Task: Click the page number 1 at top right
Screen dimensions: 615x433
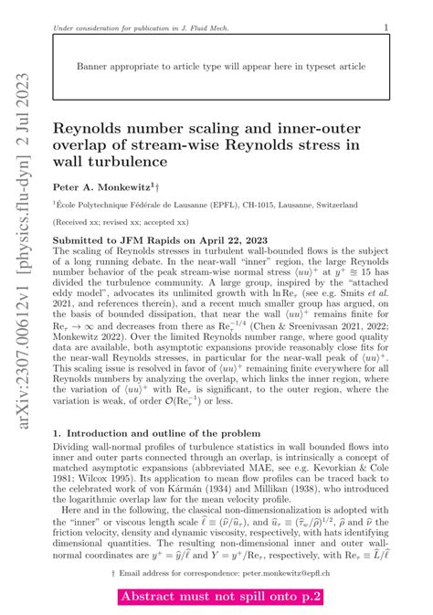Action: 387,27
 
